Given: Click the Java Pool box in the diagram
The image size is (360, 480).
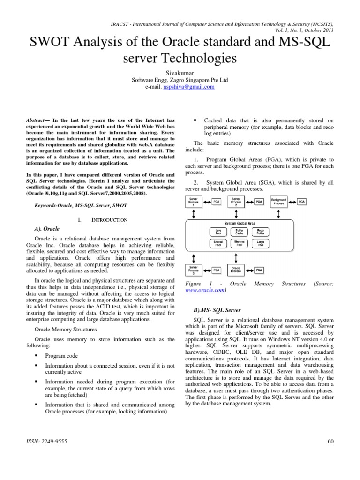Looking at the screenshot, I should click(x=218, y=232).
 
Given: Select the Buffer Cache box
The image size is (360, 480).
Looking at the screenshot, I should click(x=239, y=232).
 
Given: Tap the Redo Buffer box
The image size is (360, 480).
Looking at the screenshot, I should click(x=261, y=232).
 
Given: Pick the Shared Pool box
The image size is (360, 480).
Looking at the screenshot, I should click(x=218, y=243).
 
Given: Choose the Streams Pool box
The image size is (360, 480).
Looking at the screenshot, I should click(x=239, y=243).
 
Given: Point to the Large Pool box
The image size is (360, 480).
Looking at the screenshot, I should click(x=261, y=243).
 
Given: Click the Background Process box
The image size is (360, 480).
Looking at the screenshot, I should click(x=279, y=202).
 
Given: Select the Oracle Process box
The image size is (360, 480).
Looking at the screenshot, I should click(x=236, y=270).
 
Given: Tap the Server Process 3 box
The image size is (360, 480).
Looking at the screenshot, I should click(x=193, y=270).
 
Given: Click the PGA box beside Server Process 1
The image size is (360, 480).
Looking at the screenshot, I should click(x=216, y=202).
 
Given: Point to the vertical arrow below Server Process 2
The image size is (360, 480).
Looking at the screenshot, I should click(x=236, y=214).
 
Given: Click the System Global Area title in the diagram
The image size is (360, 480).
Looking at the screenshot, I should click(x=240, y=224).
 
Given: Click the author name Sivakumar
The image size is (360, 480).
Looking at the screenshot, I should click(x=180, y=74).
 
